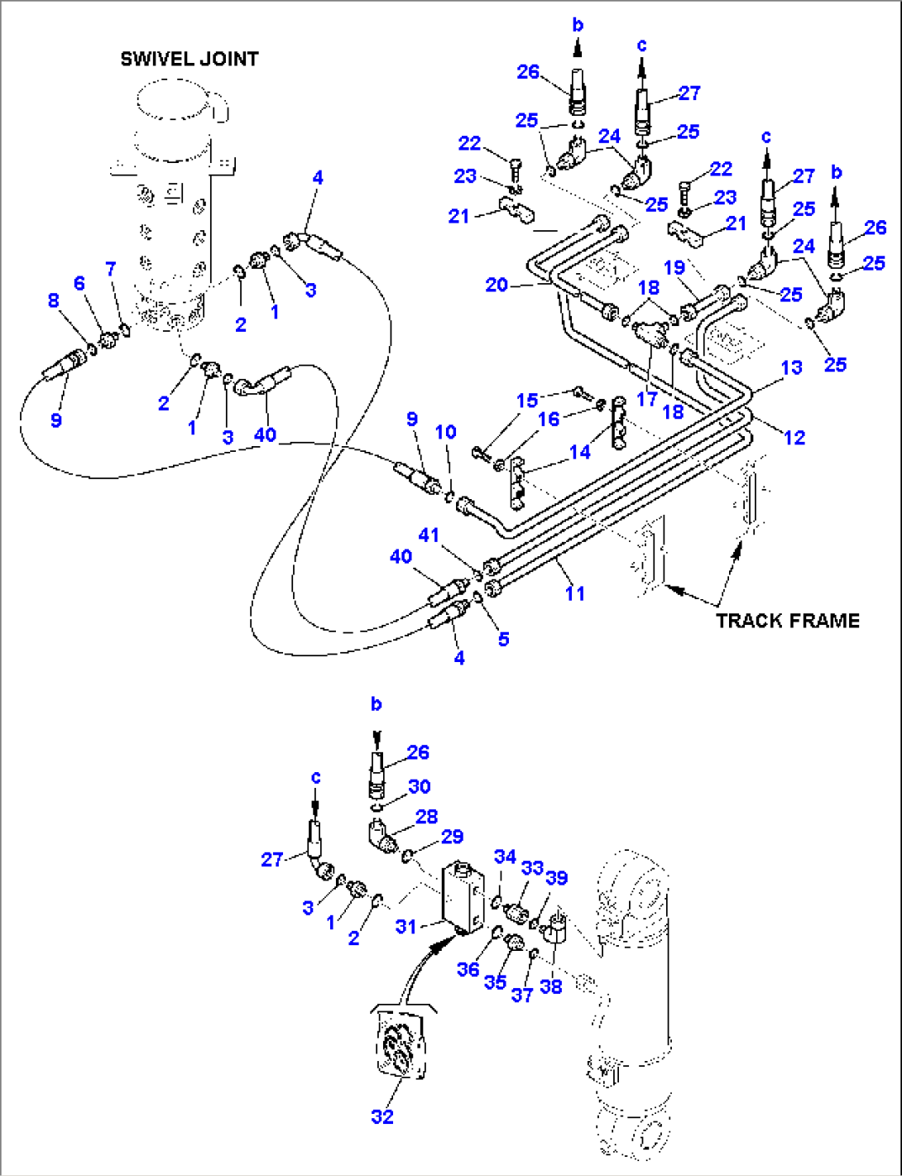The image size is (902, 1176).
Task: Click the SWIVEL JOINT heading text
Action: tap(189, 59)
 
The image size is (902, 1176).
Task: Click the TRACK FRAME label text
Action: tap(787, 621)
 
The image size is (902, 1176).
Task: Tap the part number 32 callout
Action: tap(381, 1116)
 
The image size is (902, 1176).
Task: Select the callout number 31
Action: tap(405, 926)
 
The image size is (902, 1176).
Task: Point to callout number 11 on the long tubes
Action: tap(574, 593)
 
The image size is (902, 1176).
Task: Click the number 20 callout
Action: tap(497, 285)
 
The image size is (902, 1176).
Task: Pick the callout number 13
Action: tap(791, 367)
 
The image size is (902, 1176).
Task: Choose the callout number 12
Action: tap(794, 437)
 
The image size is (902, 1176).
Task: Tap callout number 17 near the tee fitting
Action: tap(646, 398)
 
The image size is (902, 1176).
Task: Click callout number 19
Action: tap(674, 267)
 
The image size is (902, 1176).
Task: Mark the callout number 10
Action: tap(445, 432)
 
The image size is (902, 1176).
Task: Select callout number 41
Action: tap(428, 535)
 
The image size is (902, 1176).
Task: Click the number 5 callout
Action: tap(503, 639)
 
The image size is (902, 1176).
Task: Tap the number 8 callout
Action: tap(54, 300)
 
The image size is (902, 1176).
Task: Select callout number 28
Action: tap(426, 817)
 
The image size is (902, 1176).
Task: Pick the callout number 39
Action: tap(557, 877)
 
